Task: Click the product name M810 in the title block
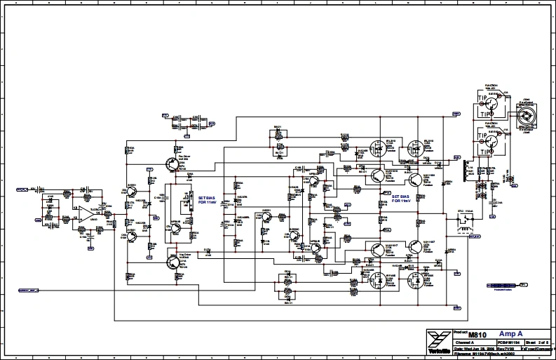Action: (x=477, y=335)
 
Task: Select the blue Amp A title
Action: (x=510, y=334)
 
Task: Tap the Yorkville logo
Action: (x=437, y=340)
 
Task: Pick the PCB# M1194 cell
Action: (x=500, y=342)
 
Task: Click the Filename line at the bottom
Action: (x=484, y=354)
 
